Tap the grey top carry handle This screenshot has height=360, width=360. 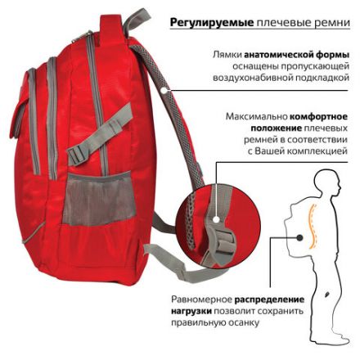click(136, 18)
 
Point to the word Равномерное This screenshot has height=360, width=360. click(207, 299)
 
